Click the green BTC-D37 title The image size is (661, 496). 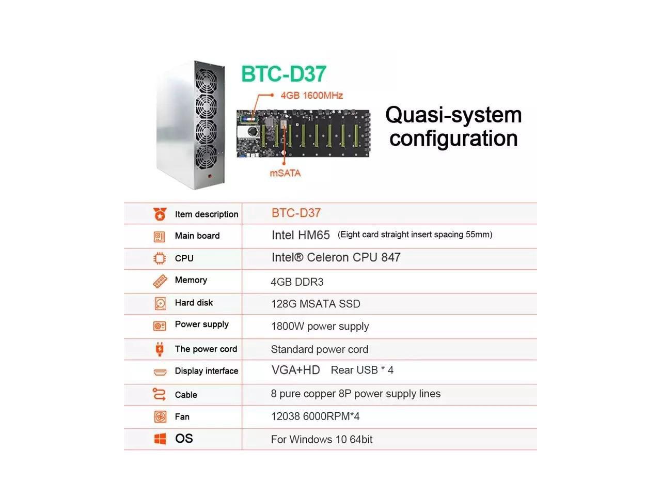point(284,74)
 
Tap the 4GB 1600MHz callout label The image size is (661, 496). point(311,96)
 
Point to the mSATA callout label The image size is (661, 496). point(285,173)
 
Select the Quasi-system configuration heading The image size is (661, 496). point(453,127)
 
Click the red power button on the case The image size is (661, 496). point(210,177)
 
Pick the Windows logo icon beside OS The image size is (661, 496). point(160,439)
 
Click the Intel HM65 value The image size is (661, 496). point(301,235)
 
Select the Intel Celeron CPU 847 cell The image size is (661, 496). point(336,257)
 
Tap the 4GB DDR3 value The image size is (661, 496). point(297,282)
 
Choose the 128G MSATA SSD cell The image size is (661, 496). point(316,304)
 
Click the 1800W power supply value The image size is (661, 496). point(320,327)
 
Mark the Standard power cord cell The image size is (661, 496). point(319,349)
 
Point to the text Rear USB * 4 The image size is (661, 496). point(362,370)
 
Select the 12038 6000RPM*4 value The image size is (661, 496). point(315,416)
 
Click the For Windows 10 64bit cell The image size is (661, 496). point(321,440)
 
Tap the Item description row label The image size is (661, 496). point(207,214)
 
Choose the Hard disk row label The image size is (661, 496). point(194,303)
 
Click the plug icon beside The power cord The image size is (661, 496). point(160,349)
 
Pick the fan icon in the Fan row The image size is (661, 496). point(160,417)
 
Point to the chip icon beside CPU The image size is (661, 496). point(160,258)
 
